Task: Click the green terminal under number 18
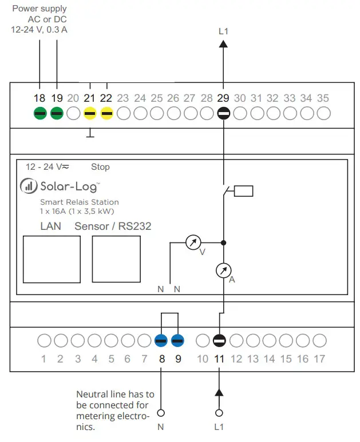[39, 113]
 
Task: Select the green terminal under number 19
[57, 113]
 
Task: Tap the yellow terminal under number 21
[90, 113]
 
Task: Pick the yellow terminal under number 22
[107, 113]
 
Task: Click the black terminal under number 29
[223, 113]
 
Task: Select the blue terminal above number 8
[161, 341]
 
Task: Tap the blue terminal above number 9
[178, 341]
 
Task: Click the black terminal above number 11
[219, 341]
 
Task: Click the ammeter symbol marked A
[223, 270]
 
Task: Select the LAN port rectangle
[51, 258]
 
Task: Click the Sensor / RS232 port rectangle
[116, 258]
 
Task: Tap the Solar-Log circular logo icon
[28, 186]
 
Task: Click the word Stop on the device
[100, 167]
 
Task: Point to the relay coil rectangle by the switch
[243, 191]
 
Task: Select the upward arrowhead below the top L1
[223, 43]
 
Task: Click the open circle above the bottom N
[161, 412]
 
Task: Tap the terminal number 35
[323, 98]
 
